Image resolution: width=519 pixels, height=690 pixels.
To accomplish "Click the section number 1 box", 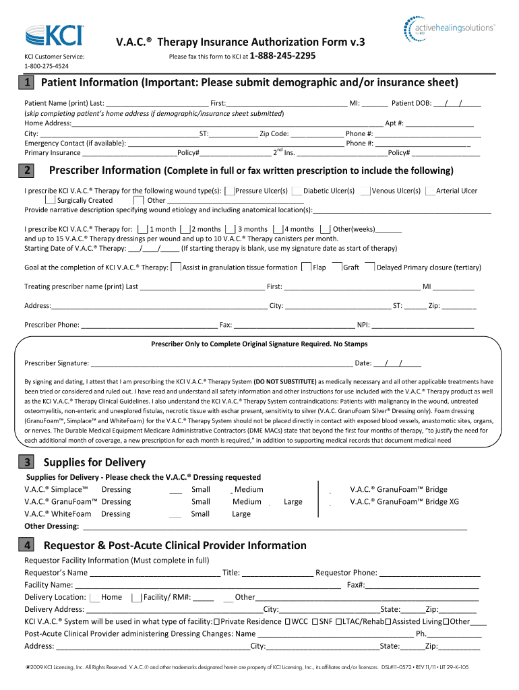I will (25, 83).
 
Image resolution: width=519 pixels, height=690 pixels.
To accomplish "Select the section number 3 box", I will (25, 462).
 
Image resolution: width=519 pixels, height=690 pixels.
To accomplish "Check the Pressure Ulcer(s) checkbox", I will (230, 191).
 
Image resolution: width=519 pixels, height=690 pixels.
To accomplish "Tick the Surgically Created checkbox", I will (51, 200).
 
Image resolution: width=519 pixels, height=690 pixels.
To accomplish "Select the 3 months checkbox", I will (231, 229).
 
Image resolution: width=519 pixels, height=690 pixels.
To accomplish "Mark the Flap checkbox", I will (307, 268).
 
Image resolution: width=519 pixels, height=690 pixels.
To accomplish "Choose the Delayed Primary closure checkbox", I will (369, 267).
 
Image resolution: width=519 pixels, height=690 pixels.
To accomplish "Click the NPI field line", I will (423, 325).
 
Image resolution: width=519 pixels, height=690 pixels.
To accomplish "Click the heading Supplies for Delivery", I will (94, 462).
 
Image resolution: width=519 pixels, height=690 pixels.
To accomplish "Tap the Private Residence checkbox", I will (216, 621).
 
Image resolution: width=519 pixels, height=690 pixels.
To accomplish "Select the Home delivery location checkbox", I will (94, 597).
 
